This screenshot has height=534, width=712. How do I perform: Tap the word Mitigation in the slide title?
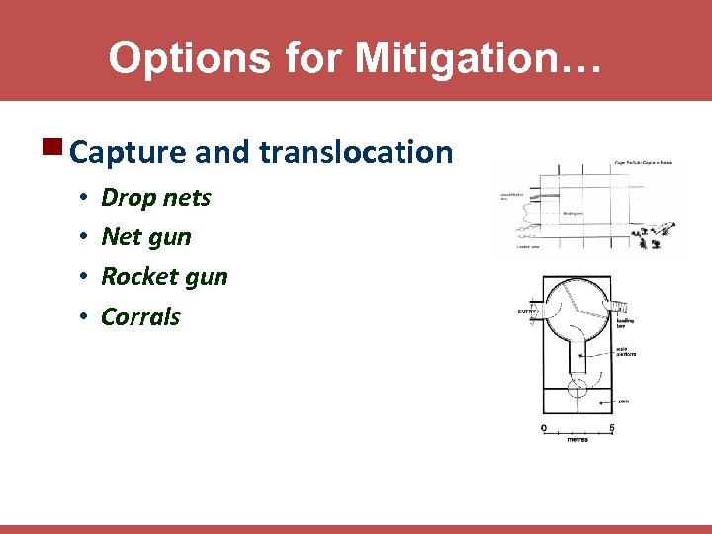[464, 57]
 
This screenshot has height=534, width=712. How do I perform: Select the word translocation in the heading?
[356, 152]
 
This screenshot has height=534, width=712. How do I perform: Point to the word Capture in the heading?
[130, 152]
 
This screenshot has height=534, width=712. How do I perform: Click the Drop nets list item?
[156, 198]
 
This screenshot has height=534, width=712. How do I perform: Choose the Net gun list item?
[146, 237]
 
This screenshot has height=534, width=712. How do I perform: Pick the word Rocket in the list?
[136, 277]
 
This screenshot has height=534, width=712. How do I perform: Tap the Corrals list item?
[141, 317]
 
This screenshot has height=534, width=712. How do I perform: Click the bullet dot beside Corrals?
[86, 317]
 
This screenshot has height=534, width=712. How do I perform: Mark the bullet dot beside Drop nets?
[86, 198]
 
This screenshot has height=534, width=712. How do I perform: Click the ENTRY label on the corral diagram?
[528, 311]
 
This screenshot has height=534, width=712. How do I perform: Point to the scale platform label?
[625, 352]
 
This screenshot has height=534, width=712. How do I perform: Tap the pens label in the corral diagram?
[623, 401]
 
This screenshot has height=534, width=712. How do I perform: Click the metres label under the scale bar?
[577, 439]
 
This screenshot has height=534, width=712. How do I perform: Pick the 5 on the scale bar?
[611, 427]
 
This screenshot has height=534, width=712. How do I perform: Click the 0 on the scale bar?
[543, 427]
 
